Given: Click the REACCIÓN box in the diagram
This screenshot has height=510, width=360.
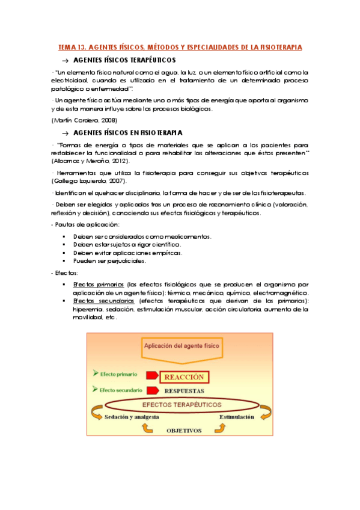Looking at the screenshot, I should tap(183, 378).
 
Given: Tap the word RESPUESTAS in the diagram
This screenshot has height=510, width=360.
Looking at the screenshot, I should tap(185, 390).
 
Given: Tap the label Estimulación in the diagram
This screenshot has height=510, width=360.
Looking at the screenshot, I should tap(236, 416).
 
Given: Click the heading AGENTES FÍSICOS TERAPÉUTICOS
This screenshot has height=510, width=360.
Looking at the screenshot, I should tap(124, 60).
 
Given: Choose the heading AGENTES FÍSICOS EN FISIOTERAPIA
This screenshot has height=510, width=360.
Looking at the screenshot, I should tap(127, 132).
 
